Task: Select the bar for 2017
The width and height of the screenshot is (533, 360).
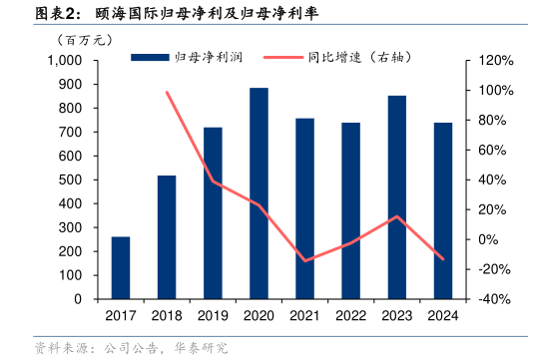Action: pyautogui.click(x=121, y=267)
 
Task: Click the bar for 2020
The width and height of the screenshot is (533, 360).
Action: pyautogui.click(x=259, y=193)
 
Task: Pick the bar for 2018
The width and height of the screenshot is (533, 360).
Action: pyautogui.click(x=167, y=237)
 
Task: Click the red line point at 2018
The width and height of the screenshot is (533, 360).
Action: pyautogui.click(x=167, y=92)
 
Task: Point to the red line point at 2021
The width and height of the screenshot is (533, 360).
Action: pyautogui.click(x=304, y=261)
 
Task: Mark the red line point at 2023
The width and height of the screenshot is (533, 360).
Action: pyautogui.click(x=397, y=216)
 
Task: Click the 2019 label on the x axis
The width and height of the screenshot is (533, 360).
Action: pyautogui.click(x=213, y=315)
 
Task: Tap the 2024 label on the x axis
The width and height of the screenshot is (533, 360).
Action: pyautogui.click(x=443, y=315)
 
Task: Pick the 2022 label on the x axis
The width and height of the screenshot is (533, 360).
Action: pyautogui.click(x=351, y=315)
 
